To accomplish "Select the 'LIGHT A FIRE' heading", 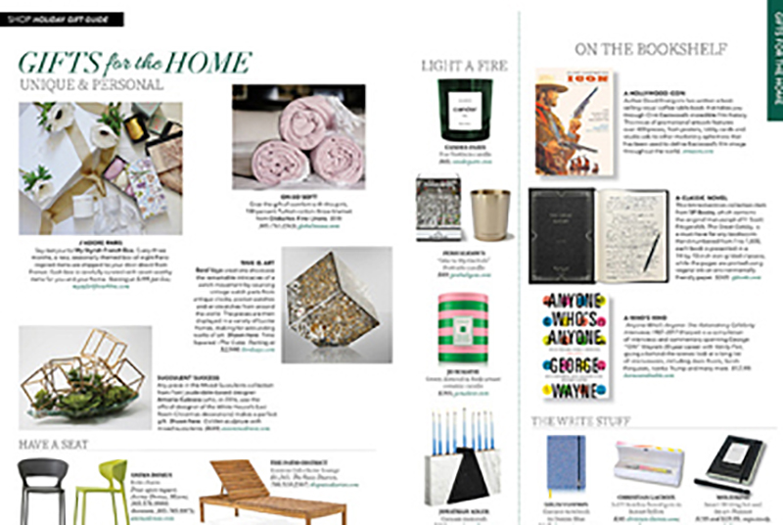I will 464,66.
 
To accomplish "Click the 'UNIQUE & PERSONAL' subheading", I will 92,85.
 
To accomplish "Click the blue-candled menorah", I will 467,475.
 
